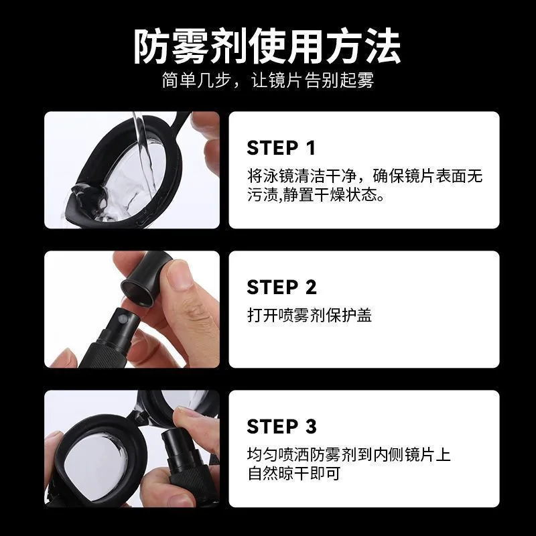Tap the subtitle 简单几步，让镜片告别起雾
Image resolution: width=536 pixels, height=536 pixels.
coord(267,81)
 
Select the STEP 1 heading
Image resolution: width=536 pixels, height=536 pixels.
coord(281,148)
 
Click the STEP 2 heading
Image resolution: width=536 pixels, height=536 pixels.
coord(281,287)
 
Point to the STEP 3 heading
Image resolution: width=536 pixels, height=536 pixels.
coord(281,427)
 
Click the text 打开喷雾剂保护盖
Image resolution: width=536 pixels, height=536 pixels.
coord(310,315)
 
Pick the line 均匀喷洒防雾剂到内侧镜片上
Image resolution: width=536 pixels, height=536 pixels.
coord(348,456)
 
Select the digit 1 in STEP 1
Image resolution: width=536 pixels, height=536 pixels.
coord(310,148)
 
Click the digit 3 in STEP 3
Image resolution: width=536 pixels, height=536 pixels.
coord(310,427)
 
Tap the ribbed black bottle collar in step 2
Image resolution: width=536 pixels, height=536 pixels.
coord(107,351)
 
